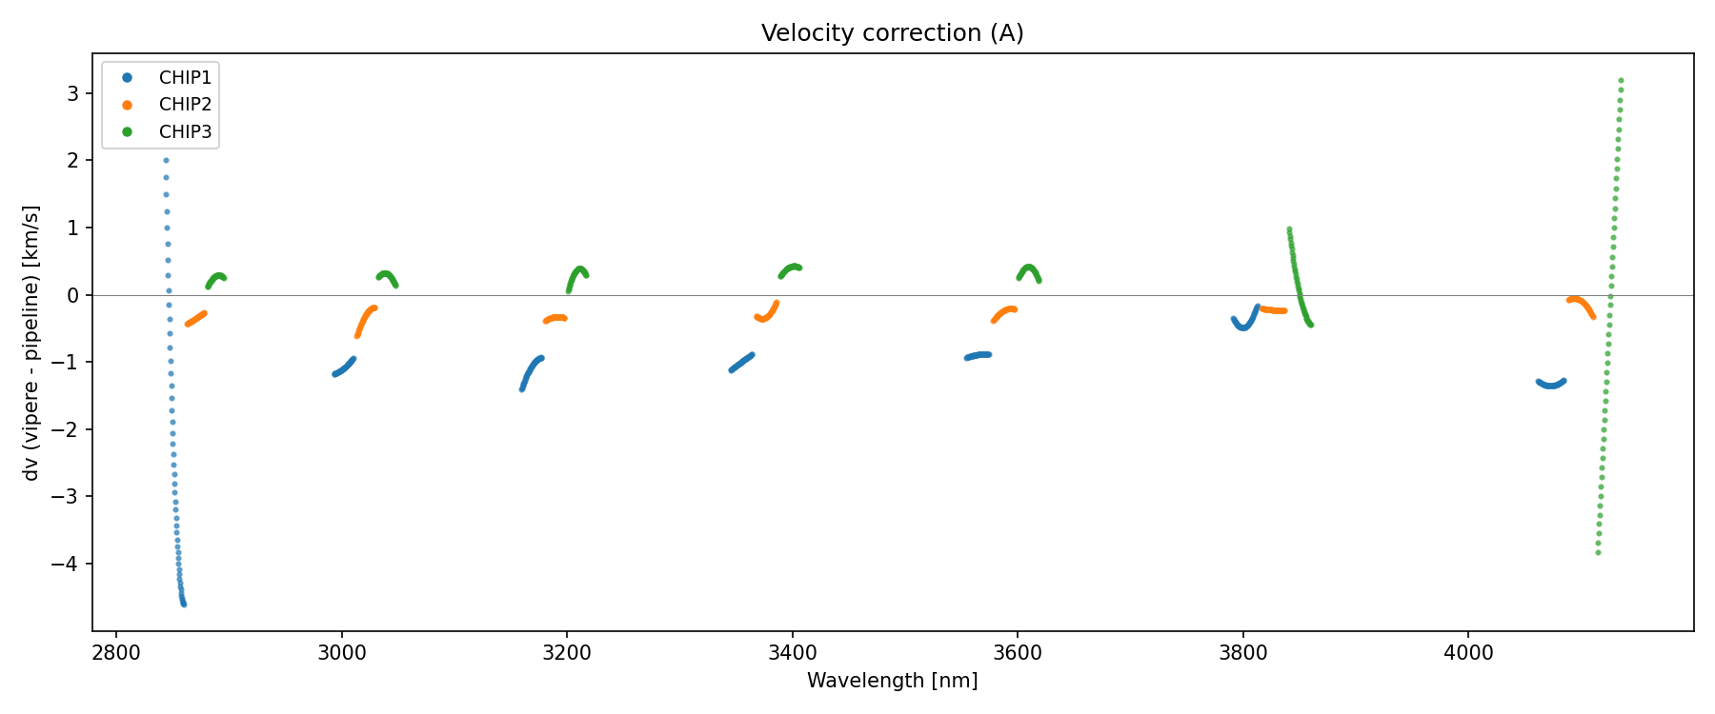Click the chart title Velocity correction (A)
(x=892, y=33)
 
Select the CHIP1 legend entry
(x=185, y=78)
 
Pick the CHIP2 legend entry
(x=185, y=105)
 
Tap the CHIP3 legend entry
(x=185, y=132)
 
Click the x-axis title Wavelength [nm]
(x=892, y=681)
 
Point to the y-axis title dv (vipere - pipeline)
(x=31, y=342)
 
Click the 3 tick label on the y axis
(x=73, y=93)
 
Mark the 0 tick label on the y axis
(x=73, y=295)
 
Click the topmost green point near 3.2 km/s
(x=1621, y=81)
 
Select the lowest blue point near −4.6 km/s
(x=184, y=605)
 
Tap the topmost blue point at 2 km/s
(x=166, y=161)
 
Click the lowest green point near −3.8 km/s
(x=1598, y=553)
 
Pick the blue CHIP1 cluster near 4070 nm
(x=1551, y=385)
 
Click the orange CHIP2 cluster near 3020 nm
(x=365, y=319)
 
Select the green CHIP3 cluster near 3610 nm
(x=1029, y=270)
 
